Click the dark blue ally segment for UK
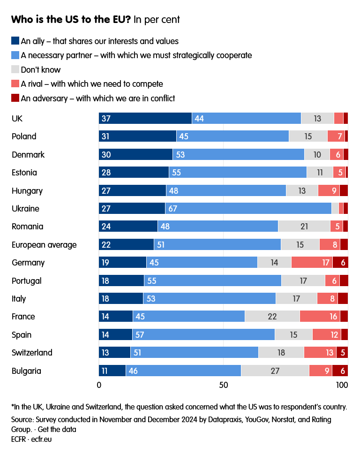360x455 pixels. point(145,118)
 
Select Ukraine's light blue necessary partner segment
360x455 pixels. point(248,208)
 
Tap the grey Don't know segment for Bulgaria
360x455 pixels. point(275,371)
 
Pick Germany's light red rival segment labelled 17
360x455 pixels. point(312,262)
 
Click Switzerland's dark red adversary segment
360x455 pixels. point(342,353)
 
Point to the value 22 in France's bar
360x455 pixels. point(272,317)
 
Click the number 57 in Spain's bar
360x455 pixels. point(140,335)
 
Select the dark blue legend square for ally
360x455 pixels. point(15,41)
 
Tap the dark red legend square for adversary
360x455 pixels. point(15,98)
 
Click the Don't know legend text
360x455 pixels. point(41,69)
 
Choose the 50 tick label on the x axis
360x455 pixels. point(224,385)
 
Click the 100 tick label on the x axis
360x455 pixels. point(342,385)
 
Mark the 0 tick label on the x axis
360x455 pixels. point(99,385)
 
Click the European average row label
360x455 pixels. point(44,245)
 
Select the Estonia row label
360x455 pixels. point(24,173)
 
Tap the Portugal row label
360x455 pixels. point(27,281)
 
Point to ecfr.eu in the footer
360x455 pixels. point(41,440)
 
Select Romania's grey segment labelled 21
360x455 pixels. point(304,227)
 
